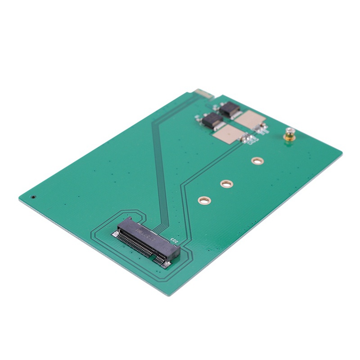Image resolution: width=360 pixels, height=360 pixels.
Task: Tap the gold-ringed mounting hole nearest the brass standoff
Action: [257, 161]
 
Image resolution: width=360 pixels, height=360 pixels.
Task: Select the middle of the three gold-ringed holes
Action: [227, 184]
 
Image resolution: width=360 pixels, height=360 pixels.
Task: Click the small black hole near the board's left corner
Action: [34, 197]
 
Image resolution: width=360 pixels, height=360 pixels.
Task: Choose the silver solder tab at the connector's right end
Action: [166, 264]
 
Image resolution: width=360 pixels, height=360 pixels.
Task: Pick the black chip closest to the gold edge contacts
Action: [230, 109]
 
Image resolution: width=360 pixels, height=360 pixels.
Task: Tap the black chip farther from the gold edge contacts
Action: [211, 121]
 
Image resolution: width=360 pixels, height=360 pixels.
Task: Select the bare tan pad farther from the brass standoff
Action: [228, 134]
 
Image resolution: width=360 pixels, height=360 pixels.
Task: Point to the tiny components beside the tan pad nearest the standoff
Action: [262, 129]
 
